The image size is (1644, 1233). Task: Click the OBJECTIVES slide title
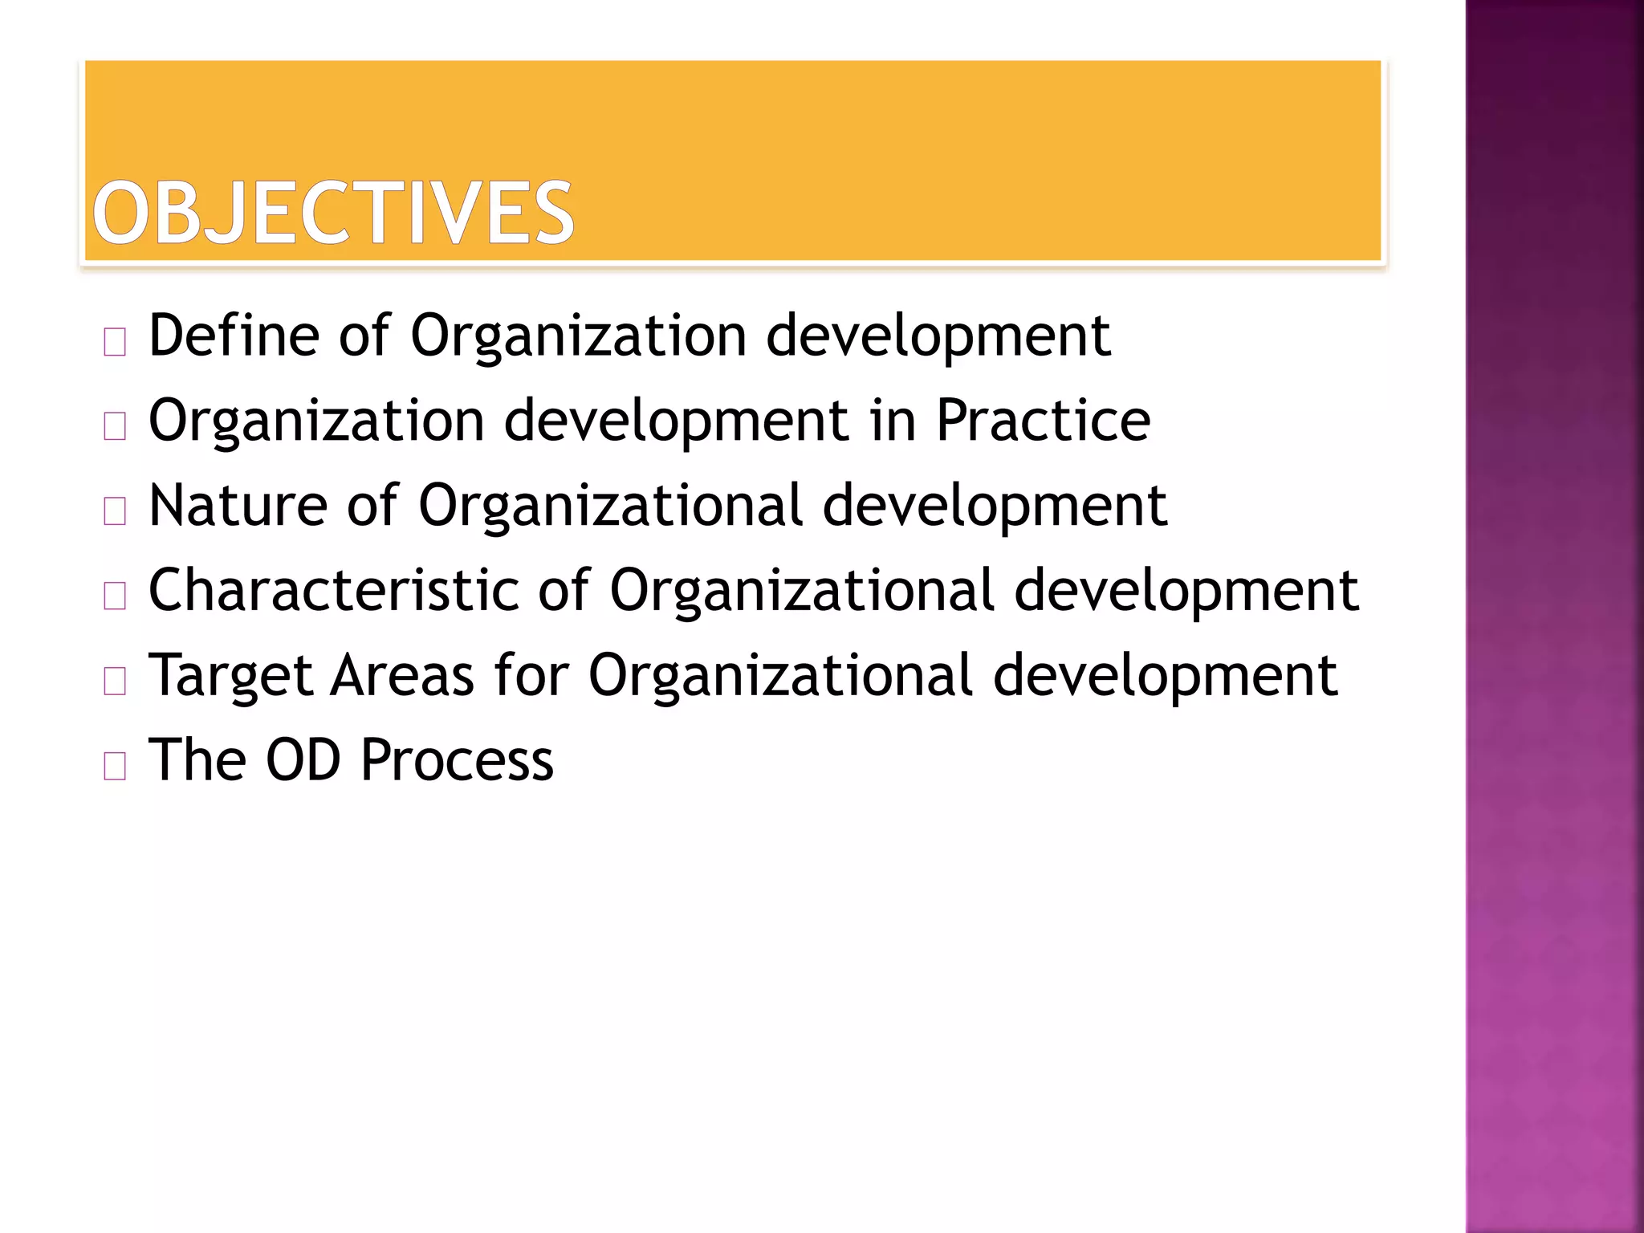point(333,213)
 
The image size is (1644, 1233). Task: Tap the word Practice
point(1043,421)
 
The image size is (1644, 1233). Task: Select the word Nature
point(238,506)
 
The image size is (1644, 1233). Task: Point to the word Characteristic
point(334,591)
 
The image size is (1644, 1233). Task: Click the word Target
point(231,676)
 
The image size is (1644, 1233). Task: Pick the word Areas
point(403,676)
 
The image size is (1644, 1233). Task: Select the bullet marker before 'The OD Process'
point(115,767)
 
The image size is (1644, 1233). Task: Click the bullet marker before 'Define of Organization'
point(115,343)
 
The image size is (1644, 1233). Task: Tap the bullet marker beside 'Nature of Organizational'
point(115,512)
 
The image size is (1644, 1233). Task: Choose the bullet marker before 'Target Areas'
point(115,682)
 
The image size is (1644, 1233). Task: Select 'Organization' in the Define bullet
point(579,337)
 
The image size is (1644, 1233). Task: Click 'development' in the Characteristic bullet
point(1186,592)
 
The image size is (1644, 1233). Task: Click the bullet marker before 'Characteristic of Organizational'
point(115,597)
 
